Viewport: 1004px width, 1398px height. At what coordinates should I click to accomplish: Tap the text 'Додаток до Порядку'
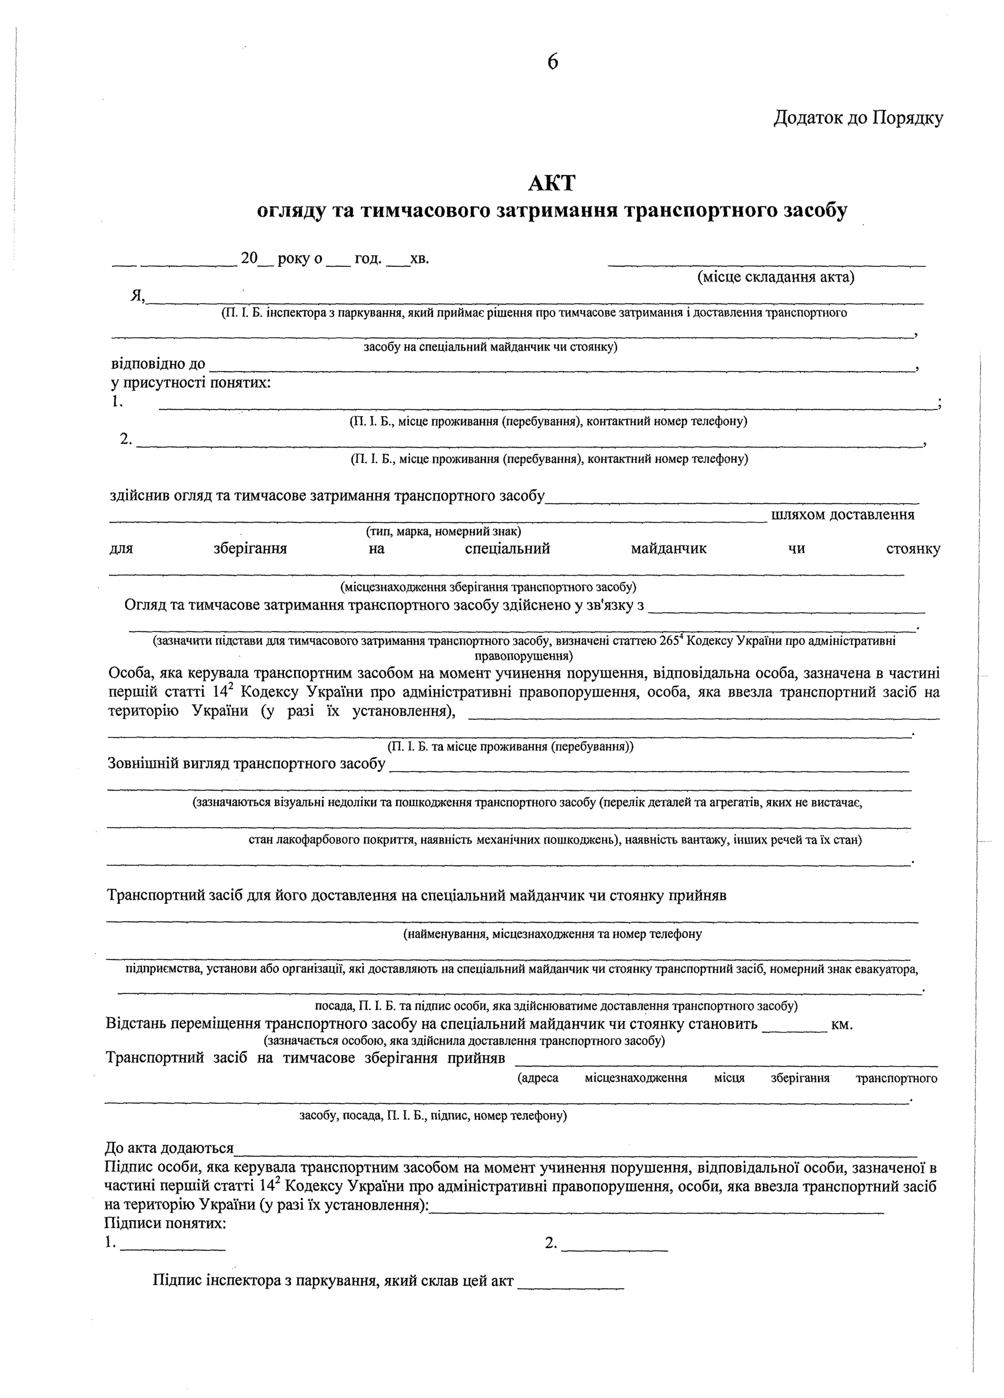[858, 117]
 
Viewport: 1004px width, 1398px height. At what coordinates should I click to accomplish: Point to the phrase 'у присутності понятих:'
[191, 383]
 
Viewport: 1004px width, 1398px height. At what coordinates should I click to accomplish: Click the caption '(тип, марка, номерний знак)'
[443, 531]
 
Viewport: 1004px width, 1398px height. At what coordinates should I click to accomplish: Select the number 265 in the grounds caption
[668, 640]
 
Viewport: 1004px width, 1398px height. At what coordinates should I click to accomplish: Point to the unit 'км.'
[842, 1024]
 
